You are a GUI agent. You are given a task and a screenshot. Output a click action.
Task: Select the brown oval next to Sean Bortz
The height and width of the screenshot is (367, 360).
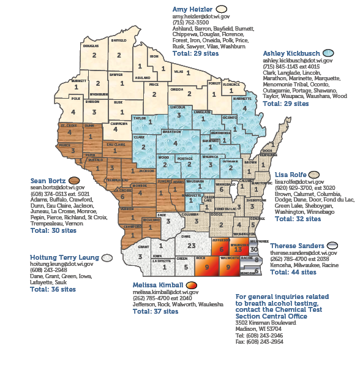[x=75, y=181]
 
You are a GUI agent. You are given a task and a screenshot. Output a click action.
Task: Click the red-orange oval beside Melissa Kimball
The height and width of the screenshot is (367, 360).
[x=192, y=286]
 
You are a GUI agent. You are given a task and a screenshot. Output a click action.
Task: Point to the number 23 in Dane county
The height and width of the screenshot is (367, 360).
[x=192, y=245]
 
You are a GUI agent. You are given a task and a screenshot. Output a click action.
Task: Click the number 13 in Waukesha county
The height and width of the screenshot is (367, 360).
[x=238, y=250]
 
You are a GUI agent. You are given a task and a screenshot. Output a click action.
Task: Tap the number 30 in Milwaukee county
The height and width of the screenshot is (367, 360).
[x=254, y=249]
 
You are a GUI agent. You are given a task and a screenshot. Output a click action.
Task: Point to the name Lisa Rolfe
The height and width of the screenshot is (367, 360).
[x=291, y=175]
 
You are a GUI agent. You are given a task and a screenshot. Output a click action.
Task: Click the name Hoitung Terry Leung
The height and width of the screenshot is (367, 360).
[x=65, y=257]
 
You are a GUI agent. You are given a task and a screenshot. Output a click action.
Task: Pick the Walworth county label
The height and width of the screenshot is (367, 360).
[x=228, y=259]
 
